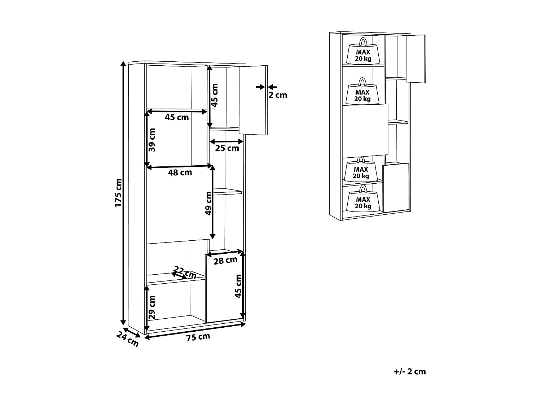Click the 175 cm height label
118,193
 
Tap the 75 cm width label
198,337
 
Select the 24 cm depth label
127,339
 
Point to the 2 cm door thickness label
278,95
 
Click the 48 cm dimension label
180,173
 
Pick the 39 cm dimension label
152,140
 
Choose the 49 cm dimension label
208,204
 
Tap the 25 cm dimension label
227,148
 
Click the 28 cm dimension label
225,260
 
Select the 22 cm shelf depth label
185,272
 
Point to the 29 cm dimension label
152,307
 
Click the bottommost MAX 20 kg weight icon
363,199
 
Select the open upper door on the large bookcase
254,100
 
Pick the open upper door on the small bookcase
416,59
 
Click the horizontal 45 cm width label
177,117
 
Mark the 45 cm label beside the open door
215,95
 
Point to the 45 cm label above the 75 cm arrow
238,286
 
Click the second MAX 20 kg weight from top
362,91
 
